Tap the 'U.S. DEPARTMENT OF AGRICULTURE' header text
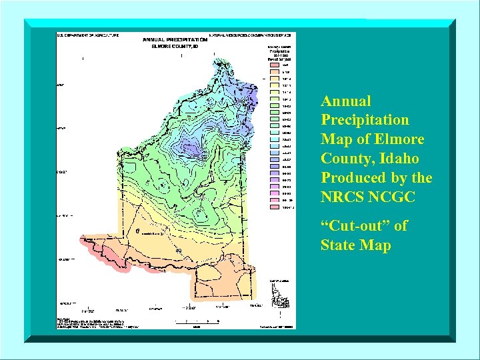88,34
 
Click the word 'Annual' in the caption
346,101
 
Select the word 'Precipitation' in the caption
365,120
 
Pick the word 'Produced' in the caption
353,178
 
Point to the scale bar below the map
213,321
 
